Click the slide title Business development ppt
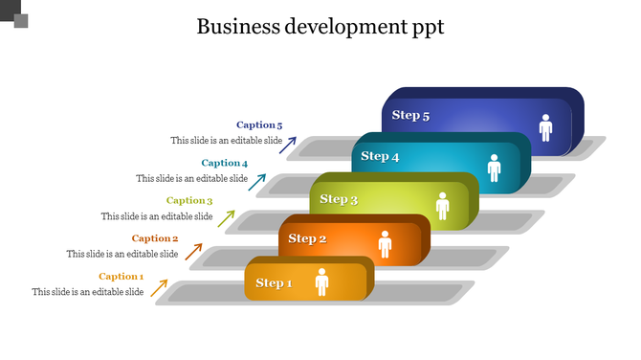(x=320, y=26)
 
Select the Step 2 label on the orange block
(x=307, y=238)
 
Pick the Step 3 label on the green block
(x=339, y=199)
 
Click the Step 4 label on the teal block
(x=380, y=156)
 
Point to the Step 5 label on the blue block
(x=410, y=116)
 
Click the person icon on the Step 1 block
(x=321, y=281)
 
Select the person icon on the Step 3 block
(x=442, y=205)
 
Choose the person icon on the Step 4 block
(x=494, y=168)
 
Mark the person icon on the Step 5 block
(x=545, y=127)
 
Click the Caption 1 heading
(x=121, y=277)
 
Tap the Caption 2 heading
(x=155, y=238)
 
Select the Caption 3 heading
(x=189, y=200)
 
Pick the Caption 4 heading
(x=224, y=163)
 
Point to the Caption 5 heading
(x=259, y=124)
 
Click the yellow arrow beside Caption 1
(x=159, y=287)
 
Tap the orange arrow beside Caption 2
(x=193, y=251)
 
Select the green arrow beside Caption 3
(x=227, y=217)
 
